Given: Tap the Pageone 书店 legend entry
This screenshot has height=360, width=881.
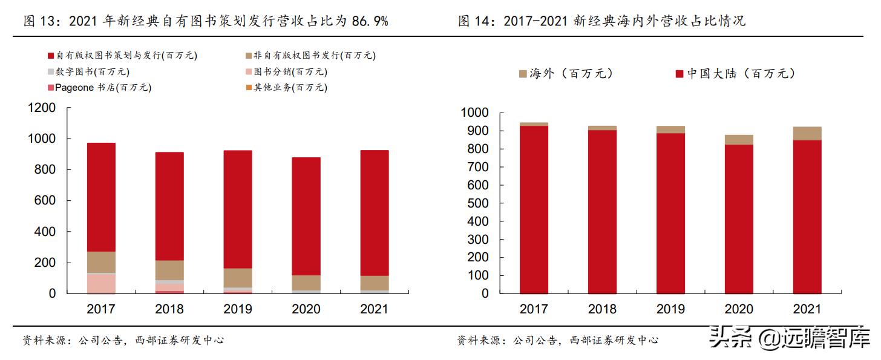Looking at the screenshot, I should (99, 88).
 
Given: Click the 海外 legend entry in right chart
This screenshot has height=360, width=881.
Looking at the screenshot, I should (566, 74).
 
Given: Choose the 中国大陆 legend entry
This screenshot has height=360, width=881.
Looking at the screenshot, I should (735, 74).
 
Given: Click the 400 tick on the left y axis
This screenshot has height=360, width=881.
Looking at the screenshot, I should (45, 232).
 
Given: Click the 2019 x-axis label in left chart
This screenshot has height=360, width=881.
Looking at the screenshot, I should (238, 309).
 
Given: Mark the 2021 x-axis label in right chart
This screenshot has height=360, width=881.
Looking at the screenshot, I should (806, 309).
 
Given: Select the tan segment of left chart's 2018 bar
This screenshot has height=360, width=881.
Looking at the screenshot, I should (169, 270).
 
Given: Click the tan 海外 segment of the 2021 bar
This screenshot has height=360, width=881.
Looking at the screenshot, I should (806, 134).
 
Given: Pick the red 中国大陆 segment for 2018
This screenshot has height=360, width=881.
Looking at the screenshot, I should (601, 212).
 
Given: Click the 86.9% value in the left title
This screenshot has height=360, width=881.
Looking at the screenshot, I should (370, 22).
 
